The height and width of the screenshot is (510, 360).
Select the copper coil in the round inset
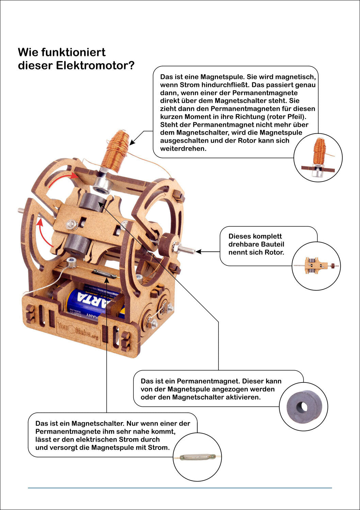click(319, 151)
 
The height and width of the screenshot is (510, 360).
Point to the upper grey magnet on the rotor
click(92, 202)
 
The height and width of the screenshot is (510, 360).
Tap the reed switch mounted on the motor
click(105, 273)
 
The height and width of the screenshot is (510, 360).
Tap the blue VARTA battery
click(92, 301)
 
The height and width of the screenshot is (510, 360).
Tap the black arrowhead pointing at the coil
click(132, 141)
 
